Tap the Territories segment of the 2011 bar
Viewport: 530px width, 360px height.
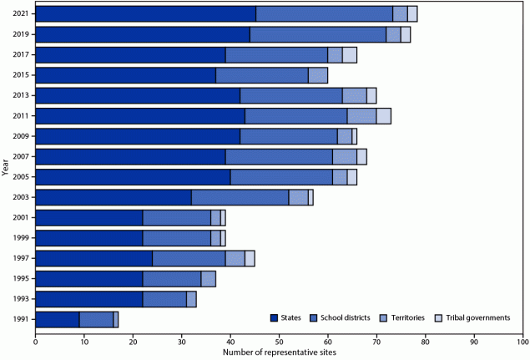tap(361, 116)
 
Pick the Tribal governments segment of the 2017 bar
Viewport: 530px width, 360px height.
tap(350, 55)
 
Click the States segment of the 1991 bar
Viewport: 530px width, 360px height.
tap(58, 319)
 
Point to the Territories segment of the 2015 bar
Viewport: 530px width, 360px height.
tap(318, 75)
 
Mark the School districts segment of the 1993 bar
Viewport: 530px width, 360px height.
tap(164, 299)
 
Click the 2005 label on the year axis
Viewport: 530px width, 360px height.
tap(22, 177)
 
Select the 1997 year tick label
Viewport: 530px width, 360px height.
tap(22, 258)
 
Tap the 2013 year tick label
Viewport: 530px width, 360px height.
tap(22, 95)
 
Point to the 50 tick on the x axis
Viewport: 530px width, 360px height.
tap(280, 342)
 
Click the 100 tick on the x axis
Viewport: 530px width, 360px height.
tap(522, 342)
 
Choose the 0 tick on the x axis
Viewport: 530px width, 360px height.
tap(36, 342)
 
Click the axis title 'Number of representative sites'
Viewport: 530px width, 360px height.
tap(280, 352)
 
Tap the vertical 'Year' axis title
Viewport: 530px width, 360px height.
tap(7, 166)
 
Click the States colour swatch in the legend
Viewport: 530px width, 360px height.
tap(275, 317)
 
